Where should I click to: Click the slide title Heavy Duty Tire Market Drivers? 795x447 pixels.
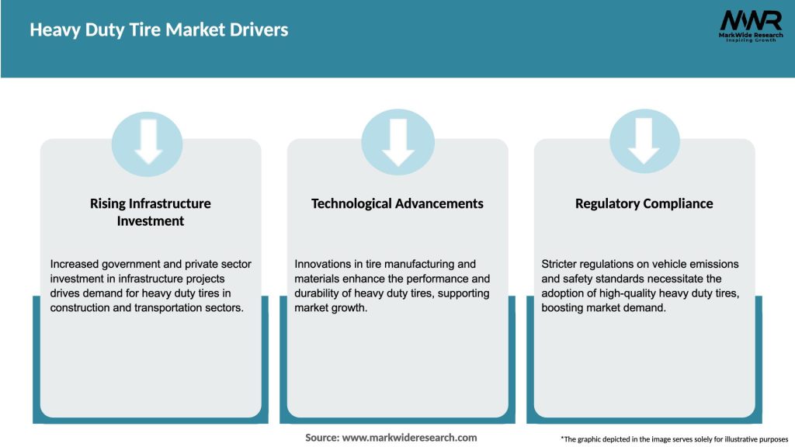[x=158, y=30]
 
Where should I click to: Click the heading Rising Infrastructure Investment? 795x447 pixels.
[x=151, y=212]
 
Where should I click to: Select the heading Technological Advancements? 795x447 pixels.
[x=397, y=203]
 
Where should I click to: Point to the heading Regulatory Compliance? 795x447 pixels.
[x=644, y=203]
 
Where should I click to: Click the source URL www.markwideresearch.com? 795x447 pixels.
[x=411, y=438]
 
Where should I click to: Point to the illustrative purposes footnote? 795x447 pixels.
[x=674, y=439]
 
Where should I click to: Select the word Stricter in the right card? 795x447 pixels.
[x=561, y=265]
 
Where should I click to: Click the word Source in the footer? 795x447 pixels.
[x=321, y=438]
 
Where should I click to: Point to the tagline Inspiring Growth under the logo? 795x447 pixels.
[x=749, y=40]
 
